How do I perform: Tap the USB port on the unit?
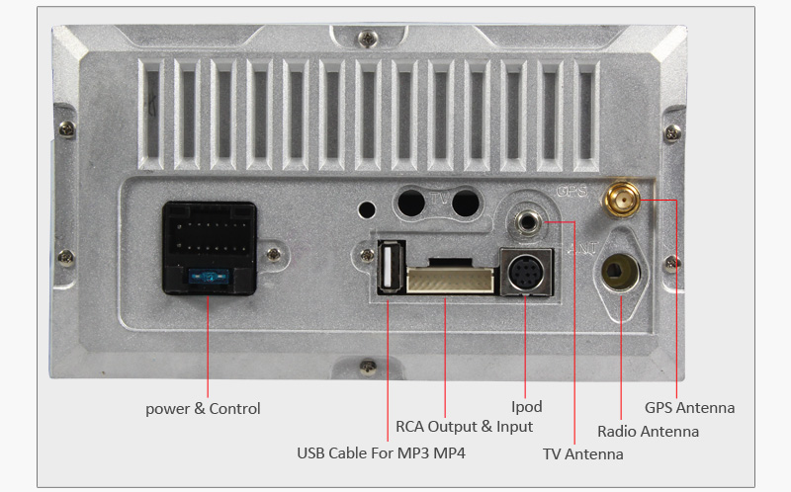point(389,268)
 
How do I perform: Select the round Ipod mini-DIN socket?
point(524,271)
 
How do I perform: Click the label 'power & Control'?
point(203,408)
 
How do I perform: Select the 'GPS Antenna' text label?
point(689,407)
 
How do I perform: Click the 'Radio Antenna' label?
point(648,431)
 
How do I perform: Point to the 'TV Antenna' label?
point(582,454)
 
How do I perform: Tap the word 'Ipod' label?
point(526,406)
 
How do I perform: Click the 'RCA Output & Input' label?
point(464,426)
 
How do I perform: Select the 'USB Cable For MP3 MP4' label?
point(381,453)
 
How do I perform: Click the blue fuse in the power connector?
point(209,278)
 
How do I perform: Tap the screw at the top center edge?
point(368,39)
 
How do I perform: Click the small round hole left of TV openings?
point(367,209)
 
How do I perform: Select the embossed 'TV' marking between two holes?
point(437,201)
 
